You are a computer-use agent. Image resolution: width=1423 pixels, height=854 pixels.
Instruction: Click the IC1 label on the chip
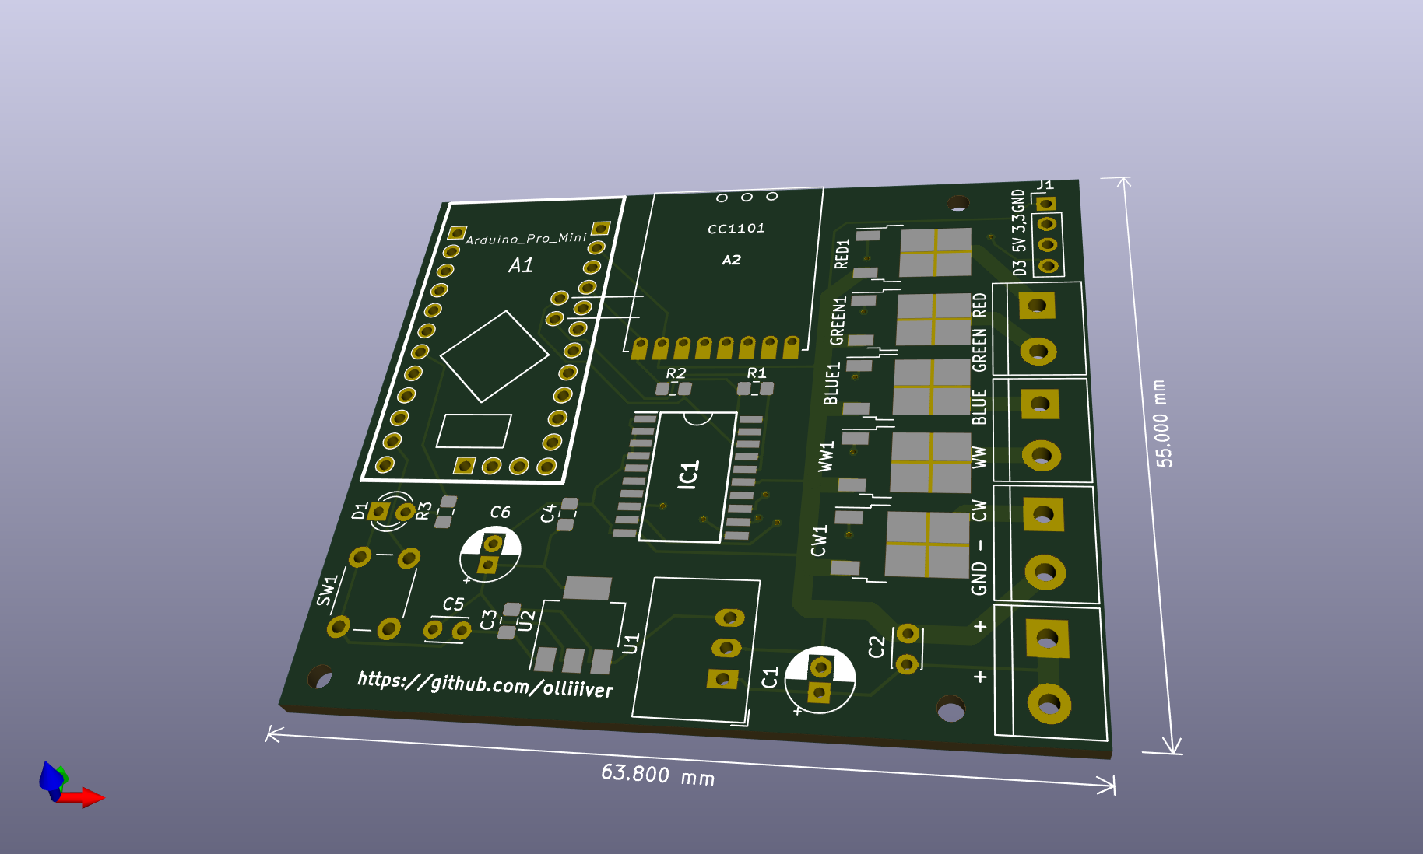[x=689, y=474]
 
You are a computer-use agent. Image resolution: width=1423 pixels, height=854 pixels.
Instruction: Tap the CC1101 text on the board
[x=736, y=229]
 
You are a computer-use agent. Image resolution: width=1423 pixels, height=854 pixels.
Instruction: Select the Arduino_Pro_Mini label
[x=526, y=238]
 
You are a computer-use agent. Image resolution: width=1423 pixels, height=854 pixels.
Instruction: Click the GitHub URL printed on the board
[x=485, y=684]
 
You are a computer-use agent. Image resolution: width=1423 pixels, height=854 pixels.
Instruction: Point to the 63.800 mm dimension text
[x=658, y=775]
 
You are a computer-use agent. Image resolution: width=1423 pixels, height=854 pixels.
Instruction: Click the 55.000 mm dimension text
[x=1161, y=423]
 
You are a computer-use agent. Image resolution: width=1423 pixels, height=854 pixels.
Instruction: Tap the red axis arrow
[x=81, y=797]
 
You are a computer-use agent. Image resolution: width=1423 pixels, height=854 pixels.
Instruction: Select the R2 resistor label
[x=676, y=373]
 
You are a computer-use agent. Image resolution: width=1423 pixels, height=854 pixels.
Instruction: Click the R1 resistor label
[x=757, y=373]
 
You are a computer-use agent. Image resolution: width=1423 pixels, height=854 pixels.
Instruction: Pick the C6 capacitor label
[x=500, y=512]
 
